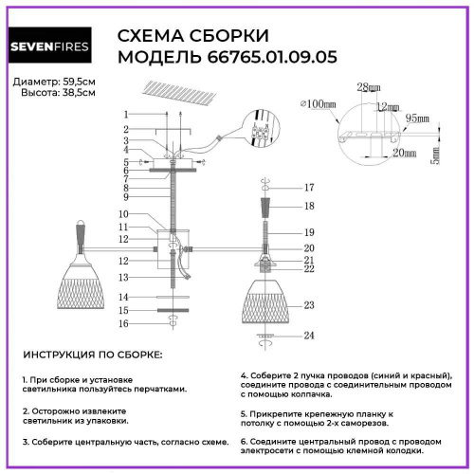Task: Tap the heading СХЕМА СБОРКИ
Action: [x=192, y=36]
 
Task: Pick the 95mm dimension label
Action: [x=418, y=118]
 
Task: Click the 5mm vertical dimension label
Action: [x=435, y=152]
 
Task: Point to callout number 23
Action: [x=308, y=305]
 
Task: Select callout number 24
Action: [x=308, y=335]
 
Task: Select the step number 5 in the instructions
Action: [x=244, y=415]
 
